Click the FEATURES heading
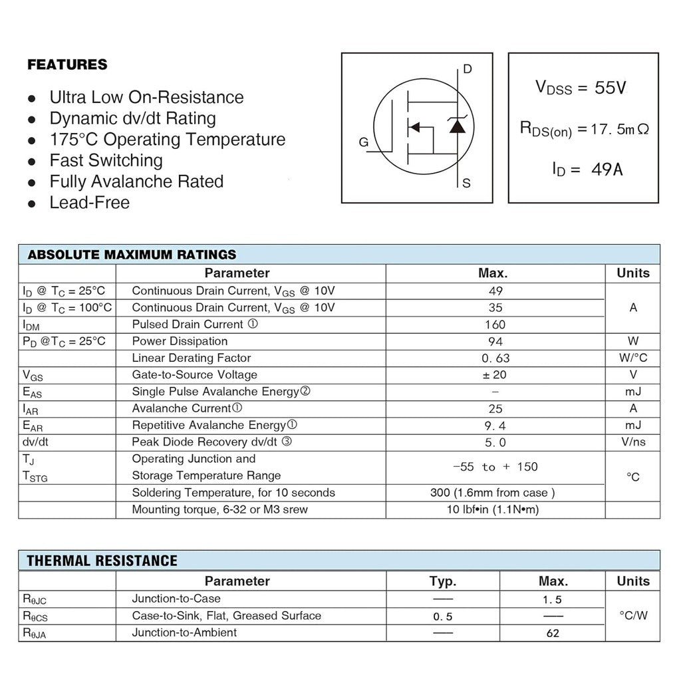(x=67, y=65)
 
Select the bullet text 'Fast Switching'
(x=106, y=160)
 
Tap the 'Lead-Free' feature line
(x=89, y=202)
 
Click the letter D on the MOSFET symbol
(x=467, y=69)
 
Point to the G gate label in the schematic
(x=363, y=142)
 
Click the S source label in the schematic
(x=466, y=183)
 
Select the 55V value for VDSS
(x=610, y=87)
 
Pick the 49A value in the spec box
(x=607, y=170)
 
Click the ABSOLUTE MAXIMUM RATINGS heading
(x=132, y=254)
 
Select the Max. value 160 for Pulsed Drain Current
(x=495, y=325)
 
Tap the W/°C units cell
(x=632, y=358)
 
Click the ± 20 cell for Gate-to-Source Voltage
(x=495, y=375)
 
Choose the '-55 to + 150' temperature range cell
(x=495, y=467)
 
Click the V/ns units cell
(x=632, y=442)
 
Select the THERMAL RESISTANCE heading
(x=102, y=561)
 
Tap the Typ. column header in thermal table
(x=442, y=581)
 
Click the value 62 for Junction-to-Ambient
(x=553, y=633)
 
